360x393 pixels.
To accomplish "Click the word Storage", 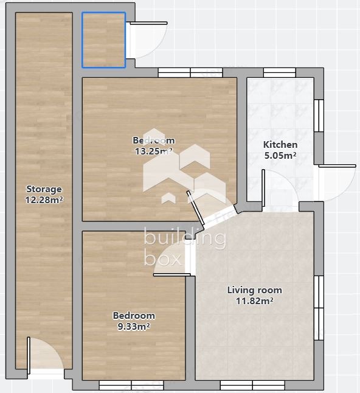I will click(44, 189).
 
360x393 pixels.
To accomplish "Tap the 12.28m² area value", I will click(44, 199).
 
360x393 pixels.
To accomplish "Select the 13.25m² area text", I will click(153, 151).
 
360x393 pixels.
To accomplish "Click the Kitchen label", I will click(280, 145).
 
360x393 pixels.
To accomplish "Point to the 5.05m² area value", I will click(280, 155).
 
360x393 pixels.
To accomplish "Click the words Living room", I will click(254, 290).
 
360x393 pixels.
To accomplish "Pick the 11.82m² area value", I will click(254, 301).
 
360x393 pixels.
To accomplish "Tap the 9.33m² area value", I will click(134, 326).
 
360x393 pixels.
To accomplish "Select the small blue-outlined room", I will click(104, 40).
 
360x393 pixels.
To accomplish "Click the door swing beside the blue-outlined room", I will click(146, 40).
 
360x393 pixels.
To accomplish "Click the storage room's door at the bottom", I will click(45, 355).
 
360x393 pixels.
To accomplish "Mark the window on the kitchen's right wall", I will click(319, 115).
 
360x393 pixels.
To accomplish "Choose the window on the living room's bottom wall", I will click(252, 385).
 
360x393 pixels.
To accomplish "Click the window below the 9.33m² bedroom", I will click(131, 385).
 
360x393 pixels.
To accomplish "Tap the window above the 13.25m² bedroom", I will click(190, 72).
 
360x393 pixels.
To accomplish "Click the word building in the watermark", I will click(184, 238).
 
